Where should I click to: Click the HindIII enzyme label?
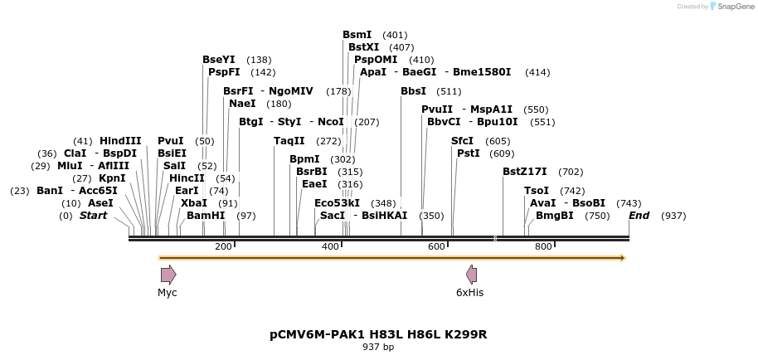pos(120,141)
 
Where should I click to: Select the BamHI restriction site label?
pos(206,216)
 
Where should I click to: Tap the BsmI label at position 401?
pos(357,35)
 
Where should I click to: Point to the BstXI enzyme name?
pos(363,47)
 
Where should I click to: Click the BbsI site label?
pos(413,91)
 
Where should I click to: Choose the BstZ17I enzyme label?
pos(525,172)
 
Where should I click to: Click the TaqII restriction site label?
pos(289,141)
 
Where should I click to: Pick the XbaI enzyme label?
pos(194,203)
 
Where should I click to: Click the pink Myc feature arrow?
pos(168,275)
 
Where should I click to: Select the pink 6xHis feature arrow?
pos(471,275)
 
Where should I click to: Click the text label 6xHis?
pos(469,293)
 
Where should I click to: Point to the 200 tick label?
pos(223,247)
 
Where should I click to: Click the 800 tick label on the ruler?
pos(543,247)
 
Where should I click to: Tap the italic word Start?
pos(93,216)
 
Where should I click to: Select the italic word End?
pos(639,216)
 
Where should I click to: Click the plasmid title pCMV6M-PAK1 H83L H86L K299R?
pos(378,334)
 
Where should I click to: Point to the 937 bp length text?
pos(378,348)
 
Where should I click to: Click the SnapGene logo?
pos(731,7)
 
